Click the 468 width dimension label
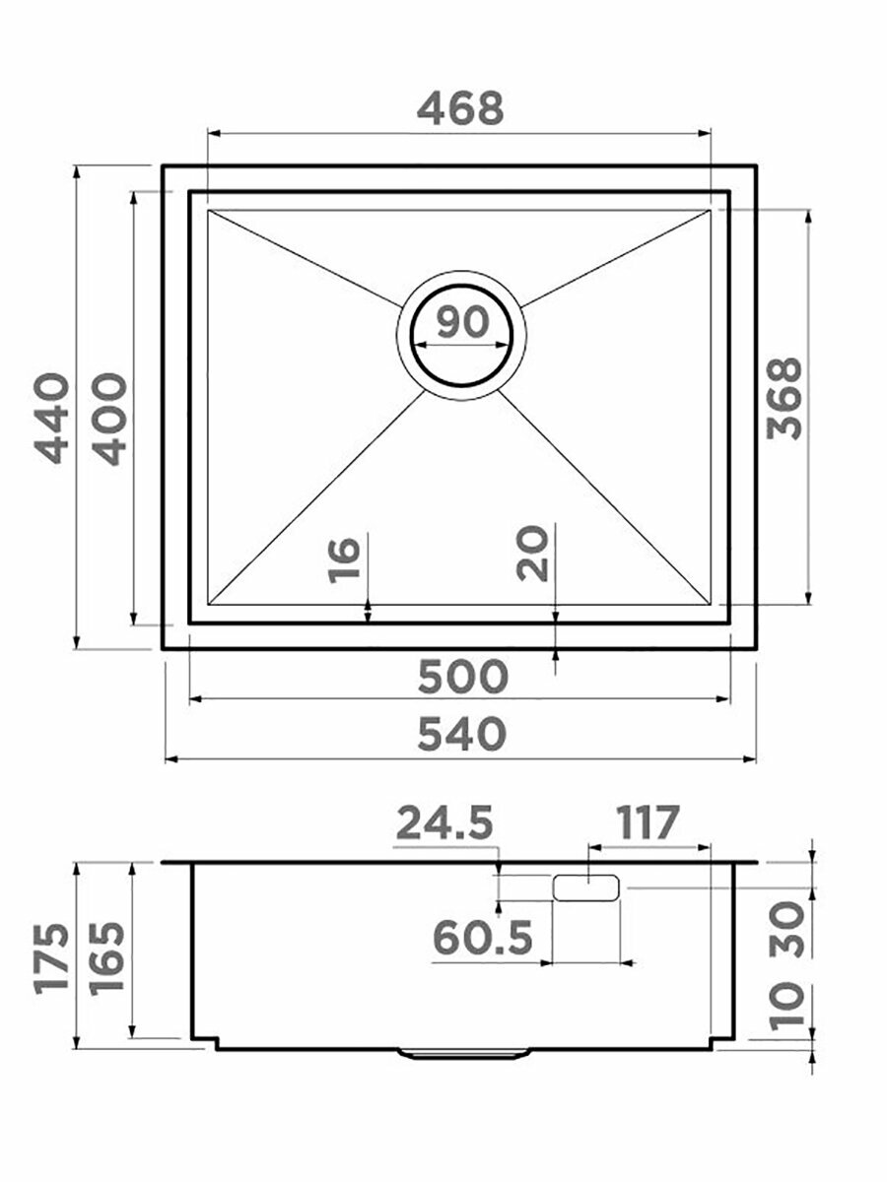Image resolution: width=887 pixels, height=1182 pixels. (460, 108)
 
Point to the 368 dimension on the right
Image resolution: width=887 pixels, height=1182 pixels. (785, 398)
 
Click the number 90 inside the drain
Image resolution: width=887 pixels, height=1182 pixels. (462, 321)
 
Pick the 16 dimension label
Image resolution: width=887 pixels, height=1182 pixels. (344, 560)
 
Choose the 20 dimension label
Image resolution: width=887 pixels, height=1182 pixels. (531, 555)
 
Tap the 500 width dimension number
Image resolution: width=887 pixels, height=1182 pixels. (462, 677)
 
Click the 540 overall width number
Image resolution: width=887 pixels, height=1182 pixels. (461, 735)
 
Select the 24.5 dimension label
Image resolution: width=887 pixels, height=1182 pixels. (444, 822)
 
